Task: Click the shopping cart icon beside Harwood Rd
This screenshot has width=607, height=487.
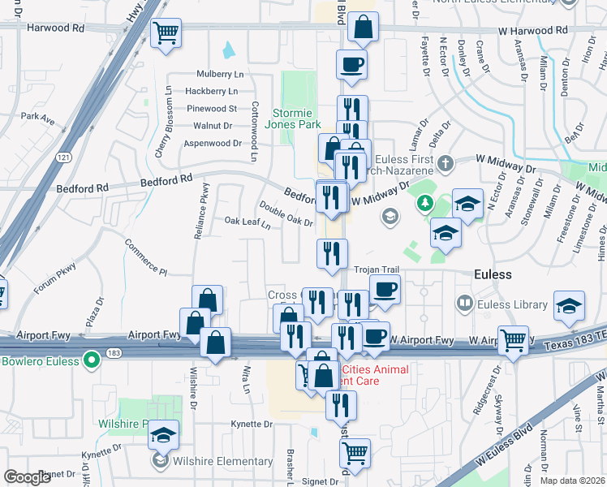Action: point(166,34)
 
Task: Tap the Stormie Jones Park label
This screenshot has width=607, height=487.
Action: point(297,119)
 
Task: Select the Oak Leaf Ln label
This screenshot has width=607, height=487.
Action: point(248,222)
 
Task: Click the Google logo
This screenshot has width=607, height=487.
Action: point(27,477)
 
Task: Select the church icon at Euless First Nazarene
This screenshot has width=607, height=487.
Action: point(444,165)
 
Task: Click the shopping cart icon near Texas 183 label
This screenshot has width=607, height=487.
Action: point(513,340)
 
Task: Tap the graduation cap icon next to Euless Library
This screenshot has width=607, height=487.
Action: point(570,306)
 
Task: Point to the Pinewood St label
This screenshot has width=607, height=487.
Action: point(211,108)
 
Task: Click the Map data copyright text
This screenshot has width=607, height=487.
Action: point(571,481)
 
